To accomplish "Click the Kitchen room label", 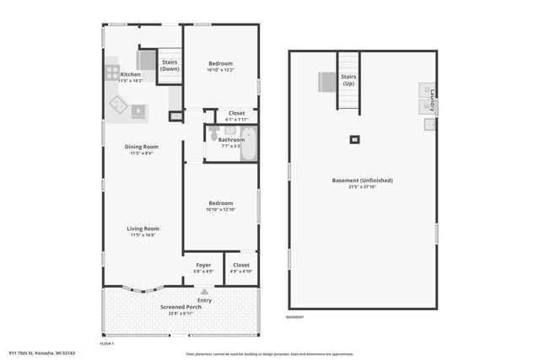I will [x=131, y=74].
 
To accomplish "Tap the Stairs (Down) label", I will [x=170, y=65].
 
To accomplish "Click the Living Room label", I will [x=143, y=228].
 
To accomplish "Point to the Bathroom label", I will [x=231, y=139].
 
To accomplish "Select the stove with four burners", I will [x=112, y=73].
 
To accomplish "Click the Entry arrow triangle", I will [x=203, y=292].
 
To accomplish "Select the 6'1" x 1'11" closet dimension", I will [x=236, y=119].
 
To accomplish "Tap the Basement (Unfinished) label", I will [x=363, y=180].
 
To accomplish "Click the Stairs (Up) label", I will [x=348, y=80].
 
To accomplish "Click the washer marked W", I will [x=426, y=107].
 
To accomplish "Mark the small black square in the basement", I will [x=355, y=139].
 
